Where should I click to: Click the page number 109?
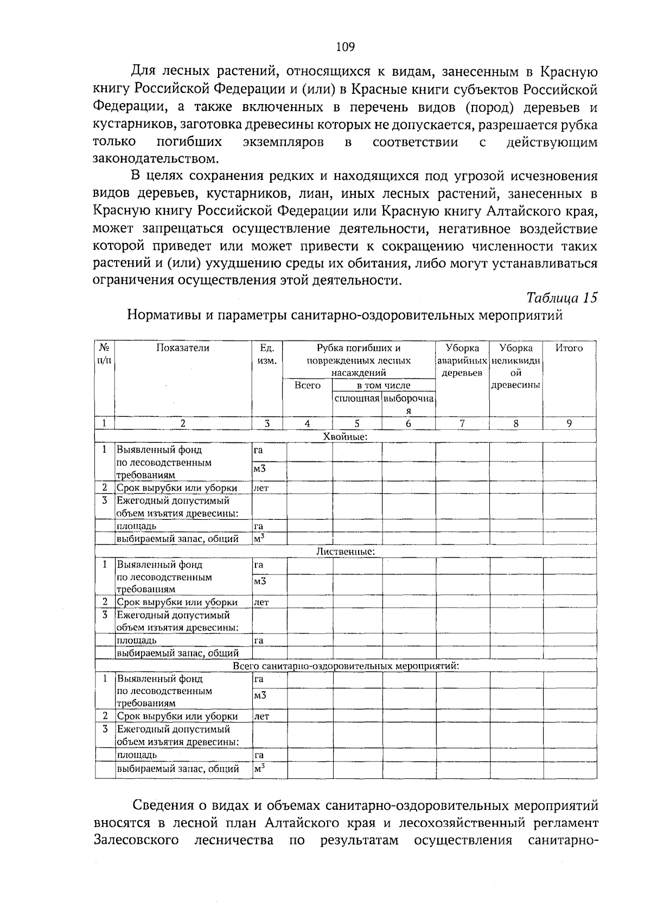345,47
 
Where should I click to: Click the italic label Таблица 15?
561,298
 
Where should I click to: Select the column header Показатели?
182,348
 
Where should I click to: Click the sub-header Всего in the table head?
307,385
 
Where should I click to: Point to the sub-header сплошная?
356,398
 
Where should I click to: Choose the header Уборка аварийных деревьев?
462,360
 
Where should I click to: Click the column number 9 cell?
569,424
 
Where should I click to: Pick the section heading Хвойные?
345,436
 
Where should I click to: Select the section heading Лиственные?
345,551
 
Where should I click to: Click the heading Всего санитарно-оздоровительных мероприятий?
346,665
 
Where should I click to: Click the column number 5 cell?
356,424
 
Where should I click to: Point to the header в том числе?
383,385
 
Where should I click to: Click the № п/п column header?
104,354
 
